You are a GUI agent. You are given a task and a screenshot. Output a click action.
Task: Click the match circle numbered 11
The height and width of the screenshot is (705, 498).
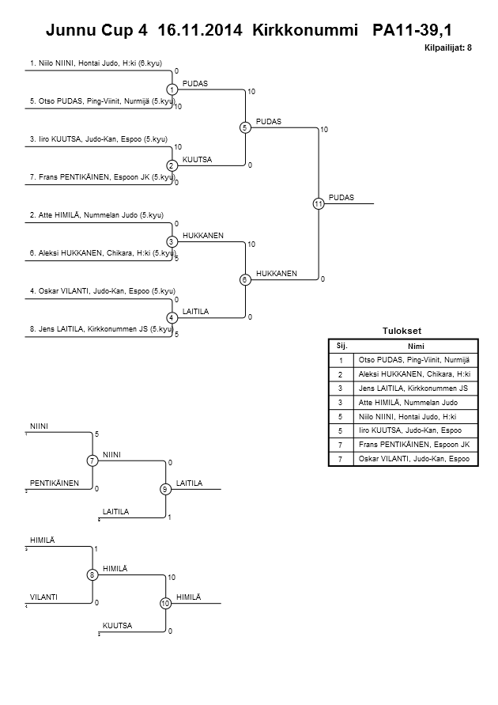pos(318,204)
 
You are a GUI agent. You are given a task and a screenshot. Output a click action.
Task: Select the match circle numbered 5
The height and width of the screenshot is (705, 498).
pos(245,127)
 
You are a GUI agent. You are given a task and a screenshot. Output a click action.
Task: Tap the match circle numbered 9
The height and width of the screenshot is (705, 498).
pos(165,489)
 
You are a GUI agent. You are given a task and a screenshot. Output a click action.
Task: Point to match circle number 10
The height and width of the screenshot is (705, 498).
pos(165,603)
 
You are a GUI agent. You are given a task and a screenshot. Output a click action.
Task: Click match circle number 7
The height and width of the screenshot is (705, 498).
pos(92,461)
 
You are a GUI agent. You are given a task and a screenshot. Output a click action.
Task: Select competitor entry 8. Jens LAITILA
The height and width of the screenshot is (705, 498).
pos(101,328)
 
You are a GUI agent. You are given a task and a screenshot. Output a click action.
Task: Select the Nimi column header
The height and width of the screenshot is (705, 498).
pos(416,346)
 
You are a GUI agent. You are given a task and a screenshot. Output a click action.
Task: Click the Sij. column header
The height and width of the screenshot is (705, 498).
pos(341,346)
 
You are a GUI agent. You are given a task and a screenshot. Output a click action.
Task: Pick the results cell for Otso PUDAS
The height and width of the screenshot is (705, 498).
pos(416,359)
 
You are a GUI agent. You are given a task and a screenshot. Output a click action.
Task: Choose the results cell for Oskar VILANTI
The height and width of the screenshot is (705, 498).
pos(416,459)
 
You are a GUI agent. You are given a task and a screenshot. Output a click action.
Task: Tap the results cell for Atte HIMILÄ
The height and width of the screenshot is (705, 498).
pos(416,402)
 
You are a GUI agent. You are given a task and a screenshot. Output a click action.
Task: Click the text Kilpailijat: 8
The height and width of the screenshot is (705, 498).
pos(448,48)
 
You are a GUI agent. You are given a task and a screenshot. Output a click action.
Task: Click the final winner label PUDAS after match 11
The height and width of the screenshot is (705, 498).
pos(341,198)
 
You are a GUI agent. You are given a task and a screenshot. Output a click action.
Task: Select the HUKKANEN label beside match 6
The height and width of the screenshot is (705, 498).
pos(277,273)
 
